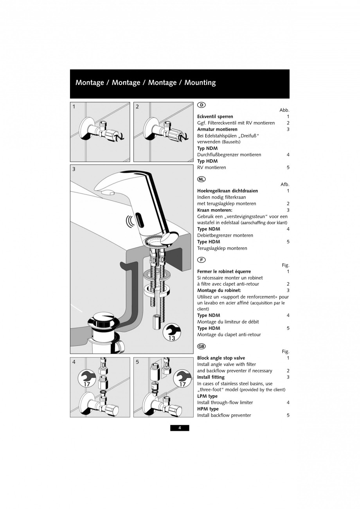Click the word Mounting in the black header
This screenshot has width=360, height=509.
point(200,83)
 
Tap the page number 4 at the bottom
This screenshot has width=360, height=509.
point(180,428)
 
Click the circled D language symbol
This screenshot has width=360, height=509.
point(201,105)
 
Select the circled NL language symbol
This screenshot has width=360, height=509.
point(201,179)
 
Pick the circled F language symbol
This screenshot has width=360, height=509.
point(201,260)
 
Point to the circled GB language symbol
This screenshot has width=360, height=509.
point(201,346)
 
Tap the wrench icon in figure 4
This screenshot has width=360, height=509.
point(87,379)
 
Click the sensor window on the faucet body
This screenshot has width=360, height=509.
point(140,222)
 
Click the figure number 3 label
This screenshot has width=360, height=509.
point(74,169)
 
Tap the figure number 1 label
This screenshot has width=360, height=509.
point(74,106)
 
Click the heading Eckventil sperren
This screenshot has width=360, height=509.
point(215,117)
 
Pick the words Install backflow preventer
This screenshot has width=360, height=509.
point(224,415)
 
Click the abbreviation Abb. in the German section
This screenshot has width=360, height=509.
point(284,110)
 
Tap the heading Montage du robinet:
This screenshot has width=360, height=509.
point(219,290)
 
